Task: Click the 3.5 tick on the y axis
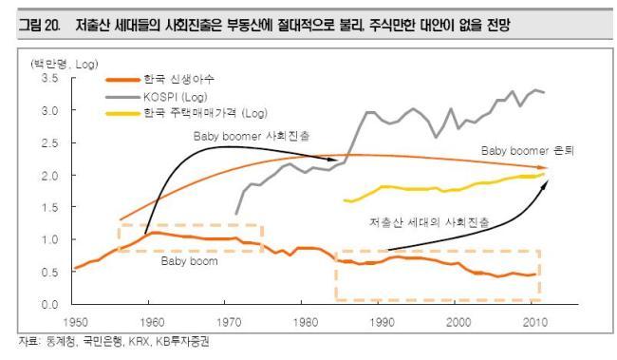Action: coord(50,78)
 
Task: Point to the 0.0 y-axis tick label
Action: coord(50,305)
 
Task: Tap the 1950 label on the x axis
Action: coord(76,322)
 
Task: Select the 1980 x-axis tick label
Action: coord(306,322)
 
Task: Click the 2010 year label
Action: coord(535,322)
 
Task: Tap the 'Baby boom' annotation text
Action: coord(189,261)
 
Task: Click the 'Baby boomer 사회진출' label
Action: coord(251,136)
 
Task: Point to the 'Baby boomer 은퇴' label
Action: coord(528,150)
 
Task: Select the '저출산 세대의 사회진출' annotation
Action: coord(429,222)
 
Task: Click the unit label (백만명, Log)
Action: coord(65,64)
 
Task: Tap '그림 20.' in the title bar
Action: coord(39,26)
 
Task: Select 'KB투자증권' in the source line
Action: coord(182,342)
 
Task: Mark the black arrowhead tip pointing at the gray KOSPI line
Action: coord(337,161)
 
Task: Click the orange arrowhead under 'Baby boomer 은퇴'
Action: coord(545,168)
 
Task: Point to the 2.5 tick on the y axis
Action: coord(50,143)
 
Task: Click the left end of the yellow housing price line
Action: coord(345,200)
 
